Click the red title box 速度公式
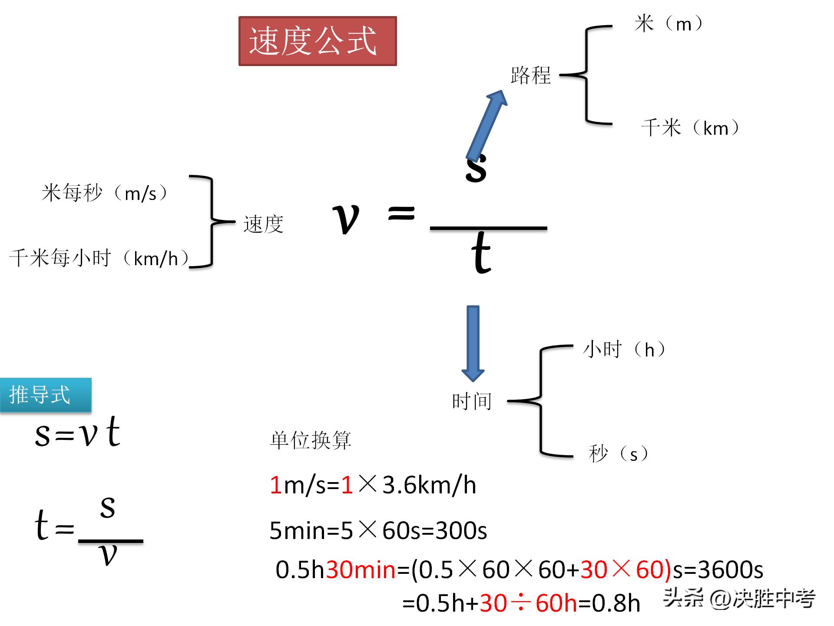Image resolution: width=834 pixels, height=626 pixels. [x=318, y=41]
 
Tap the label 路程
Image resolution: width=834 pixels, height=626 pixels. [x=530, y=75]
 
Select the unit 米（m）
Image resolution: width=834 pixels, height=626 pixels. [x=668, y=24]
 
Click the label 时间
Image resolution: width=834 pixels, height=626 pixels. [x=472, y=401]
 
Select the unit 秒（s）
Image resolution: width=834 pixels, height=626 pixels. [x=618, y=454]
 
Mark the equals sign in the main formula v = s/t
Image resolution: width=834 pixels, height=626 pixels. [x=401, y=213]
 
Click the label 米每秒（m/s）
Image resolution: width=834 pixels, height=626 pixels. [x=104, y=193]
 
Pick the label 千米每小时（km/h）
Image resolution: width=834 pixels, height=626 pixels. [x=99, y=259]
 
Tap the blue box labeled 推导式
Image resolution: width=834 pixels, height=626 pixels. [x=46, y=395]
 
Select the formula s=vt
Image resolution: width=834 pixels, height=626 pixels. [x=77, y=433]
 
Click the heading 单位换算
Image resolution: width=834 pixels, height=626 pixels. [x=310, y=440]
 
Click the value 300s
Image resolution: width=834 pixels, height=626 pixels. [x=461, y=530]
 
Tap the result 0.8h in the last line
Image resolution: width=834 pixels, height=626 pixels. [x=616, y=603]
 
